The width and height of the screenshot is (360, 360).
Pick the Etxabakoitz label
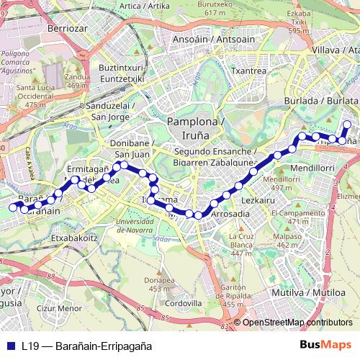tap(74, 235)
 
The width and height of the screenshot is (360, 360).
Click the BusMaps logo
tap(325, 345)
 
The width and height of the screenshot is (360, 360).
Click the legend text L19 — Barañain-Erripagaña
tap(86, 346)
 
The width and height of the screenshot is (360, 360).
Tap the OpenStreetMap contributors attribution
tap(297, 323)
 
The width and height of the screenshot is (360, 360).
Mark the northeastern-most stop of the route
tap(346, 125)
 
